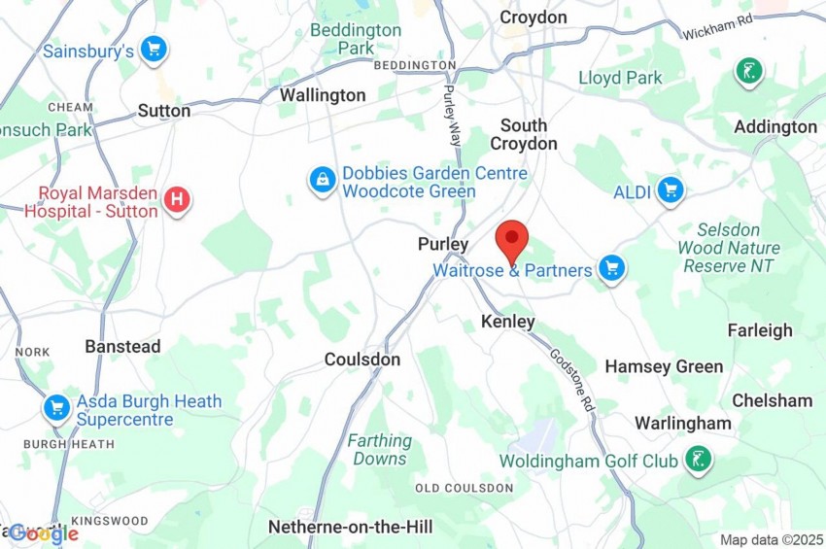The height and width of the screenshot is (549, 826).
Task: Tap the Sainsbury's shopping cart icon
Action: point(154,49)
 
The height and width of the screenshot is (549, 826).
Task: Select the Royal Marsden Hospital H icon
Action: point(177,200)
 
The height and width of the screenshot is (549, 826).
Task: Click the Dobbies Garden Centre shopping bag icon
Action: point(322,180)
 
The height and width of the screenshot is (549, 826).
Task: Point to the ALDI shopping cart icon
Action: point(670,190)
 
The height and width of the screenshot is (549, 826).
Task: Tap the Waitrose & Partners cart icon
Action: point(610,268)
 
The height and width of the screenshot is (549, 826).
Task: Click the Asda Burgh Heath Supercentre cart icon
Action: point(56,408)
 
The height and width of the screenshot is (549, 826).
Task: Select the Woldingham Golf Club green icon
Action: point(697,459)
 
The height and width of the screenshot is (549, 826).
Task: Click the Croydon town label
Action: point(533,17)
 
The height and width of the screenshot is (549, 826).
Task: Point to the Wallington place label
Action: point(323,95)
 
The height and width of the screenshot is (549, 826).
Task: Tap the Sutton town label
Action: point(164,111)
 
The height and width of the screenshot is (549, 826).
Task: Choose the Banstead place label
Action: point(122,346)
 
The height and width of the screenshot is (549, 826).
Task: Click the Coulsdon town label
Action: point(361,360)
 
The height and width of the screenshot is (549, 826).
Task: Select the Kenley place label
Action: point(508,322)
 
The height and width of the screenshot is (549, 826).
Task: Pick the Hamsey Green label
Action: point(664,366)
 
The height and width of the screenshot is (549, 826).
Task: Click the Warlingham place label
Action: point(682,423)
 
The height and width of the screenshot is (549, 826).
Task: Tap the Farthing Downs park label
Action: point(380,449)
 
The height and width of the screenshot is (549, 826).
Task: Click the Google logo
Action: point(44,532)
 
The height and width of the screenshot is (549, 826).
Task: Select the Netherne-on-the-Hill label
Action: point(350,527)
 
